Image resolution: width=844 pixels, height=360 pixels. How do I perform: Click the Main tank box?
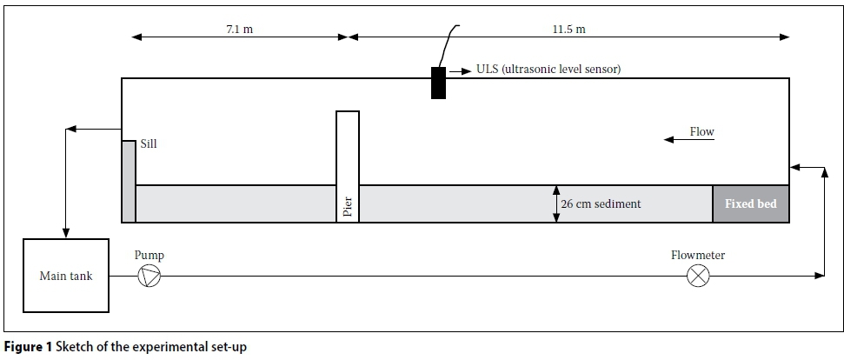pyautogui.click(x=66, y=276)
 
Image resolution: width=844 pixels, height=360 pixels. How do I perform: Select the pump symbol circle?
pyautogui.click(x=150, y=276)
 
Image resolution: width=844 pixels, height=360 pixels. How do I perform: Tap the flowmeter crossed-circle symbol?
pyautogui.click(x=698, y=276)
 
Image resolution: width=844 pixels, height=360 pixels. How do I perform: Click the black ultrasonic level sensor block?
pyautogui.click(x=438, y=83)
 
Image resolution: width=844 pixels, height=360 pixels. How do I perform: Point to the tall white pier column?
pyautogui.click(x=348, y=166)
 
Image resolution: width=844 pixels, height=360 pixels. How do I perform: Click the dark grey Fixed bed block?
pyautogui.click(x=751, y=204)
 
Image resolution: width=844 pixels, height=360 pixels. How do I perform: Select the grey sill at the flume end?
pyautogui.click(x=129, y=182)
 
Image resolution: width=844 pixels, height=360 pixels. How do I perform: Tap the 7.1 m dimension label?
pyautogui.click(x=240, y=29)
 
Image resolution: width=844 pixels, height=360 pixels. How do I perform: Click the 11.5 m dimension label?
pyautogui.click(x=569, y=29)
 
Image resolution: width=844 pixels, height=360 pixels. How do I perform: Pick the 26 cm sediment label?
pyautogui.click(x=601, y=204)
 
